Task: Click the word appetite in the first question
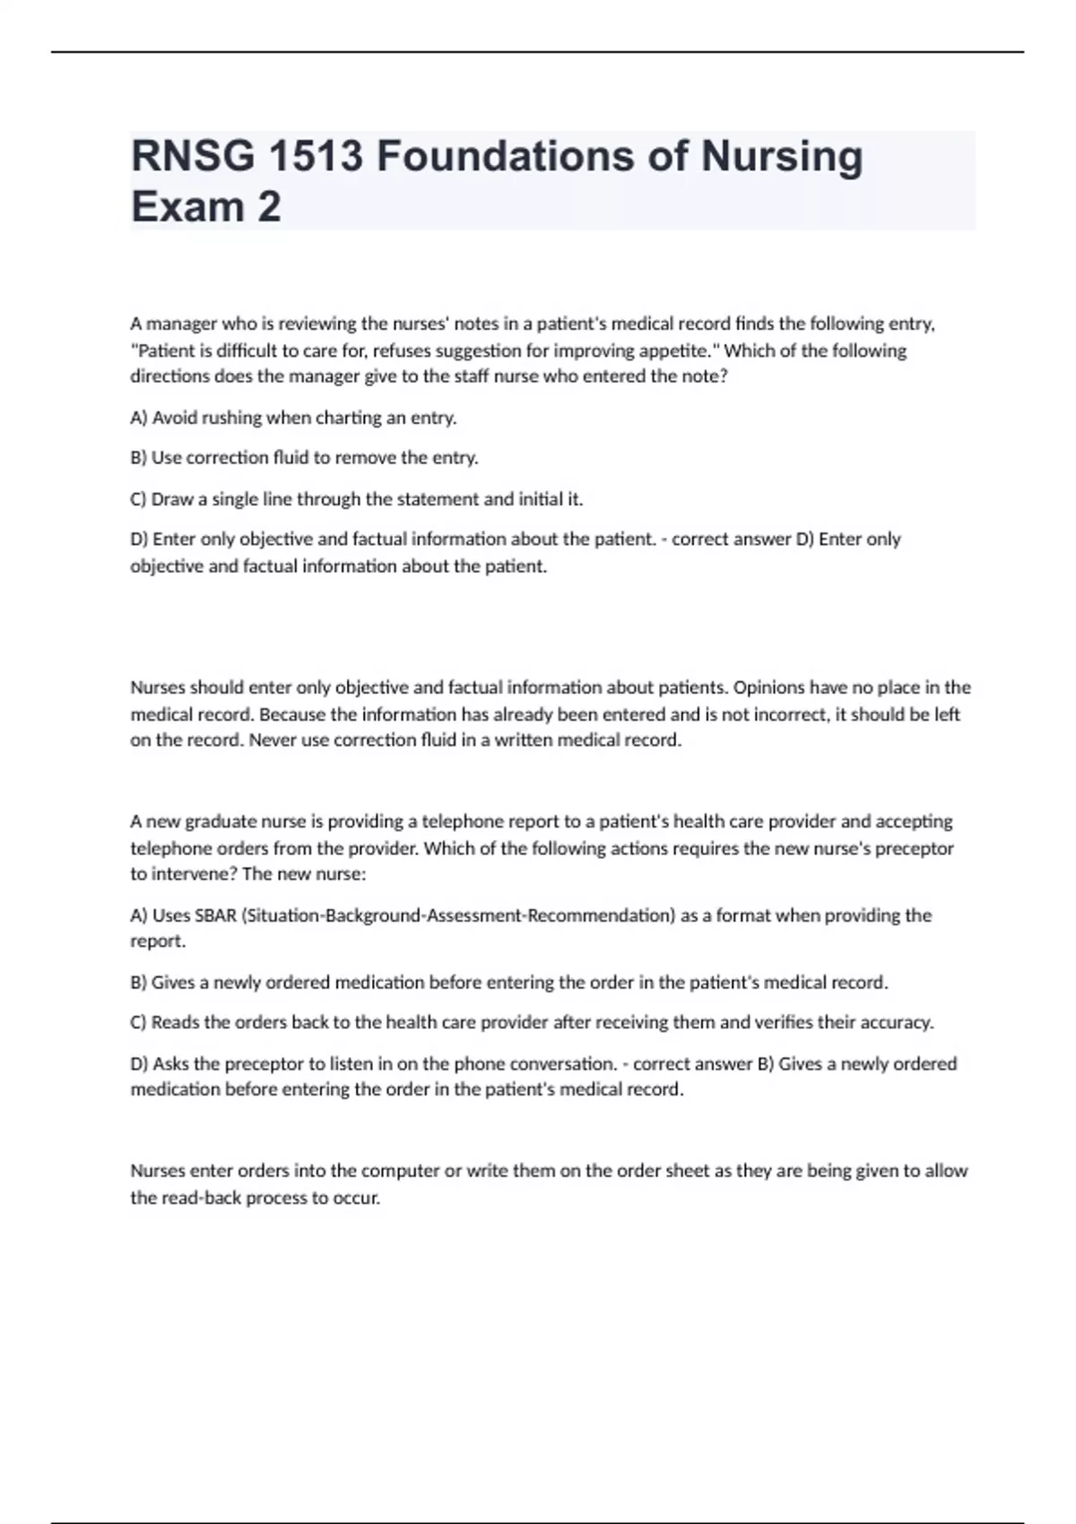pyautogui.click(x=672, y=351)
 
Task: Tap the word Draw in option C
pyautogui.click(x=172, y=499)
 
